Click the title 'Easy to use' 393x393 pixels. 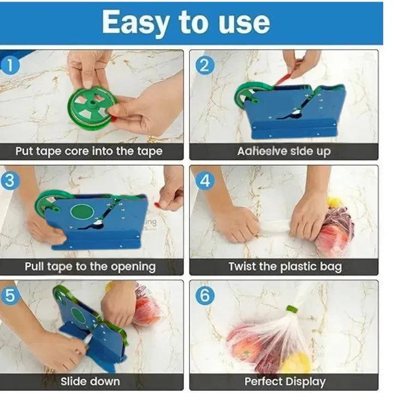pos(186,23)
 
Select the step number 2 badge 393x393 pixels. pos(205,65)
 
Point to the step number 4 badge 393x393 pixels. pos(205,181)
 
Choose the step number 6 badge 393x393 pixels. pos(205,295)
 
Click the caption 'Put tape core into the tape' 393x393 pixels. pos(88,151)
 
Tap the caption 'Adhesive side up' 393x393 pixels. pos(284,151)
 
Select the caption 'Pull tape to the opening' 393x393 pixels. pos(90,266)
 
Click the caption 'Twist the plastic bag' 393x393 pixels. pos(284,266)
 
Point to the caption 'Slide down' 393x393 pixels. pos(90,381)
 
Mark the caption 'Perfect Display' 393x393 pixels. pos(284,381)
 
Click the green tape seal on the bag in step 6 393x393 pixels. pos(292,309)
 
